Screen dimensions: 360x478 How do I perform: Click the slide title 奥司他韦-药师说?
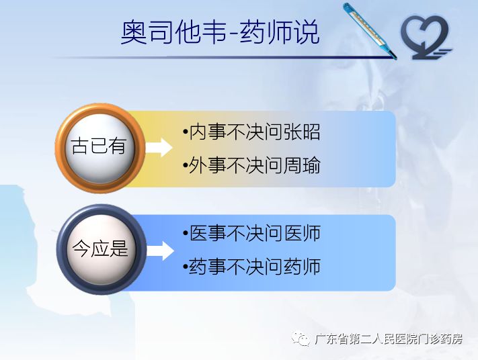coord(220,32)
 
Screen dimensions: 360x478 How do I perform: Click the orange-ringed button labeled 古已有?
coord(99,146)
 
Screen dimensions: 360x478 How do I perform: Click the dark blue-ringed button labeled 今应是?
coord(99,249)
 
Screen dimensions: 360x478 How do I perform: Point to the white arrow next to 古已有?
coord(159,147)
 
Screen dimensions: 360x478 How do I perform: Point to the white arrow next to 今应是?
coord(159,250)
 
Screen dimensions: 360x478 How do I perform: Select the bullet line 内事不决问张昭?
coord(251,132)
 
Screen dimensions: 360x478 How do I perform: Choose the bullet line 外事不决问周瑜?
coord(251,165)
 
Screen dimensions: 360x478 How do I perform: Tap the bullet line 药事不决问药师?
coord(251,267)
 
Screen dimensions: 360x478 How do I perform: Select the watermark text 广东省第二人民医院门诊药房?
coord(389,340)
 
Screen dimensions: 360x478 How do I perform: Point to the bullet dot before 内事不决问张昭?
coord(185,132)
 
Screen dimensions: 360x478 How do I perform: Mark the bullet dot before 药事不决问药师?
coord(185,267)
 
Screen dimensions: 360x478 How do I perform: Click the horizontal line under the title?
coord(222,57)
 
